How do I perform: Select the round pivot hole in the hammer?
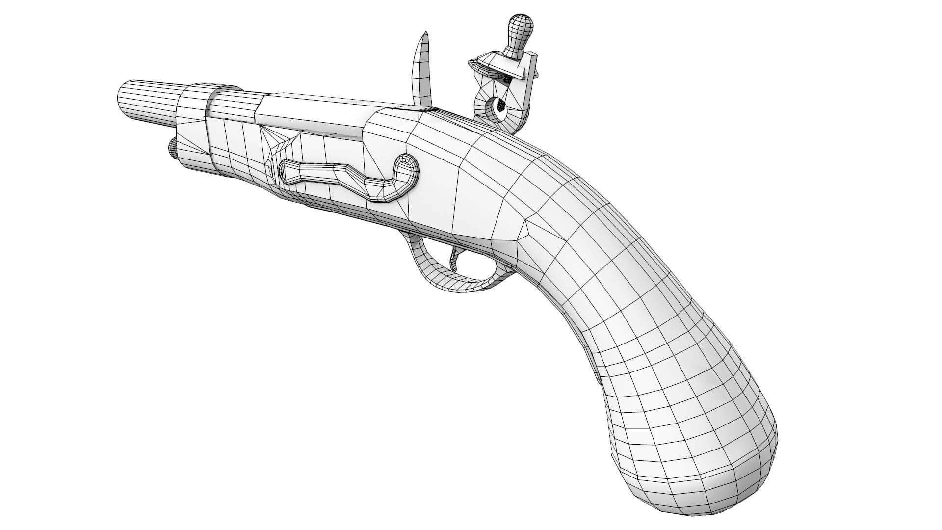498,106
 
